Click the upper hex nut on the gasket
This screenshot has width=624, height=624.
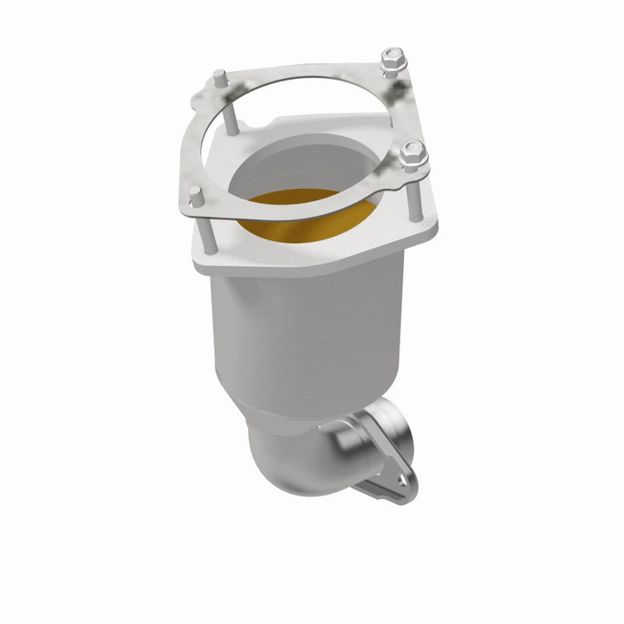[393, 58]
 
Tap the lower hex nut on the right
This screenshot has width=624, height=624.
[412, 153]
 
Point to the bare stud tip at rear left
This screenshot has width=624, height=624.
[220, 78]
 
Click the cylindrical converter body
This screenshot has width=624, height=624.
[303, 338]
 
